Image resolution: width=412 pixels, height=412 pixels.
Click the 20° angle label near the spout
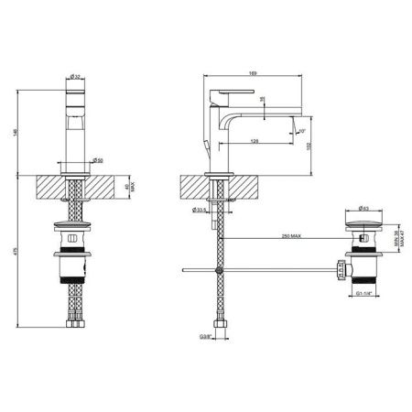point(303,131)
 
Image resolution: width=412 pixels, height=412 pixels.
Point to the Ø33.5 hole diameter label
point(199,211)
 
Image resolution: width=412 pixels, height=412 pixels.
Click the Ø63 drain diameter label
point(363,208)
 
